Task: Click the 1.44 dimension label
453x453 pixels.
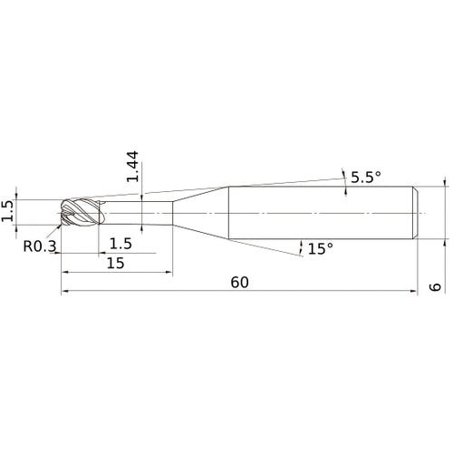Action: (132, 167)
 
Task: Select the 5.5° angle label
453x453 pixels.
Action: (366, 177)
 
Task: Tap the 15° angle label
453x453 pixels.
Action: (320, 248)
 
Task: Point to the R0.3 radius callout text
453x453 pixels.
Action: (40, 246)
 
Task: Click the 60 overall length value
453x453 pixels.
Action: (240, 283)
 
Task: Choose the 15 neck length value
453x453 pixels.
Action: (116, 263)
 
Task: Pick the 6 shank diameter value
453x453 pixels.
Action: (435, 287)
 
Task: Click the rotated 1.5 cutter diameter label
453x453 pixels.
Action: (8, 211)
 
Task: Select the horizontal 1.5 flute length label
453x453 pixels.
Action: (120, 244)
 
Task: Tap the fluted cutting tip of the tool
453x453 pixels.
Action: (81, 212)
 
